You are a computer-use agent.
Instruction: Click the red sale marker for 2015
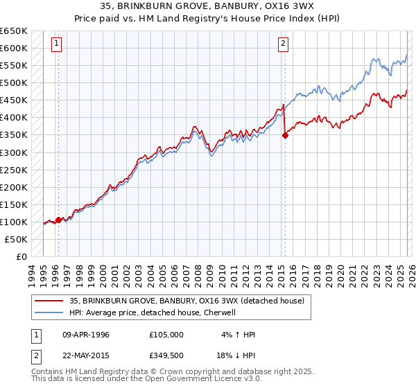coord(285,136)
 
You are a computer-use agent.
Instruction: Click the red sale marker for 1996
coord(58,220)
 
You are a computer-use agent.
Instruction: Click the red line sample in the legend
coord(49,301)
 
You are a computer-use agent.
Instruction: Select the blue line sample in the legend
coord(49,312)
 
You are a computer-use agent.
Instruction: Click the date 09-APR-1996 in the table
coord(86,335)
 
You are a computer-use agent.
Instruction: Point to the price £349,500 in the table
coord(166,355)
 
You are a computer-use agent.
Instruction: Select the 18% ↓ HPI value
coord(234,355)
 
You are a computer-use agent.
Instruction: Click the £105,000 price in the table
coord(166,335)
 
